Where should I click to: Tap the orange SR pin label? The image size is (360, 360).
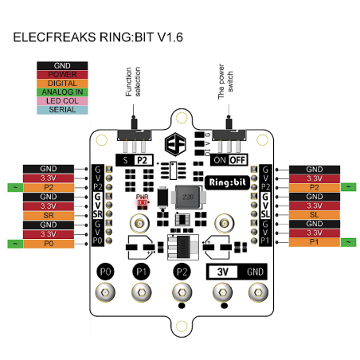(49, 215)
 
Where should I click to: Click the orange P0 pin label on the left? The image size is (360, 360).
(49, 243)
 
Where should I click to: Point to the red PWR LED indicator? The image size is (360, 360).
(143, 202)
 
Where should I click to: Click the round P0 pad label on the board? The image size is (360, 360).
(104, 272)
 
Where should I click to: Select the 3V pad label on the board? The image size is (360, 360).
(224, 272)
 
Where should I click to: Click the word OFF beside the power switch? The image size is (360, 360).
(238, 158)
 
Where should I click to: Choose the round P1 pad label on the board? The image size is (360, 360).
(142, 272)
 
